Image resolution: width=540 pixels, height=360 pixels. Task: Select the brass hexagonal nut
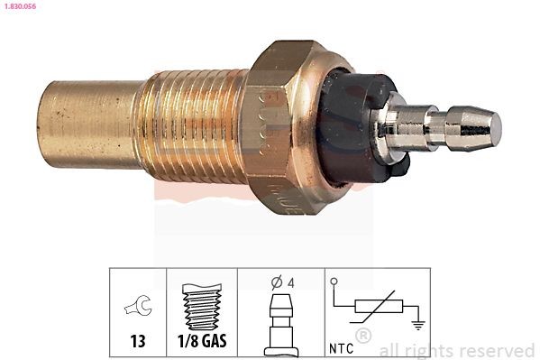[284, 126]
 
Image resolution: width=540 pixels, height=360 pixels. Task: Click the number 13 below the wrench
[138, 344]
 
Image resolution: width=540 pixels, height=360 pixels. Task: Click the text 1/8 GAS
[202, 344]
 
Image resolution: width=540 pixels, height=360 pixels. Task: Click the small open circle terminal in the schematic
[334, 282]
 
